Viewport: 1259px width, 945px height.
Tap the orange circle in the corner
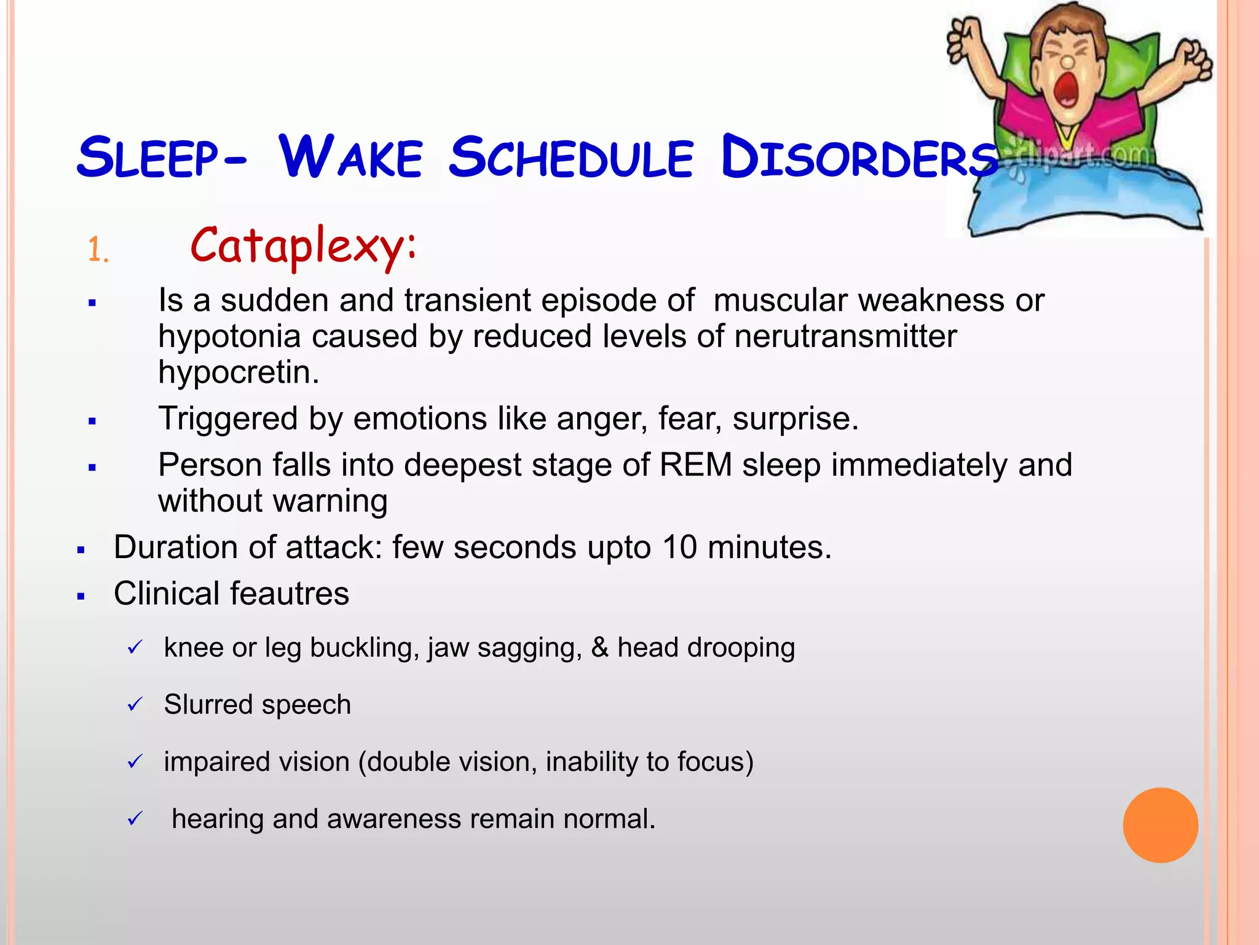point(1160,825)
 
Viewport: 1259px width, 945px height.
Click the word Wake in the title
point(350,157)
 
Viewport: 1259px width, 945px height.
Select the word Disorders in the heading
point(859,158)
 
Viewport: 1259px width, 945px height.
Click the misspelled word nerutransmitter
point(845,337)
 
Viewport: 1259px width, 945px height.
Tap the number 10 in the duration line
point(679,547)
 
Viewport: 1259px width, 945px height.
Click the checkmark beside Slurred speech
point(135,704)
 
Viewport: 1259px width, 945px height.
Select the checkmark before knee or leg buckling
point(135,647)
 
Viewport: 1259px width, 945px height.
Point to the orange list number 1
point(97,251)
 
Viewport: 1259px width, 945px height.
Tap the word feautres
point(290,594)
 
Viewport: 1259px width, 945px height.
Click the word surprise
point(795,419)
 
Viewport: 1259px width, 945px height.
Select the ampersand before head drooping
point(599,647)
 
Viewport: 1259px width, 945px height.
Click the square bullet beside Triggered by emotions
point(92,421)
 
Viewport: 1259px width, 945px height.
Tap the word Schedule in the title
point(571,157)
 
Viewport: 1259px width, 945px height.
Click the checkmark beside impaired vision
point(135,762)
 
